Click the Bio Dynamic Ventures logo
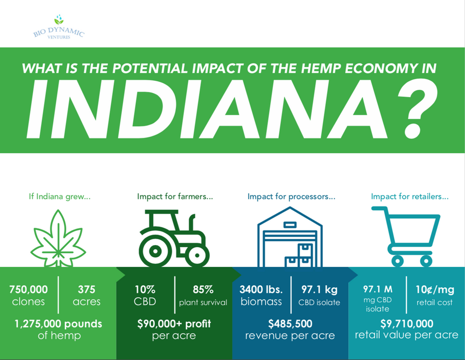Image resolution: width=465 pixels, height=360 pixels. coord(59,27)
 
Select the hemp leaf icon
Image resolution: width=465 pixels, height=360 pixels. coord(58,237)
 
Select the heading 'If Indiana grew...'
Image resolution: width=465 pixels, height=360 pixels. coord(59,196)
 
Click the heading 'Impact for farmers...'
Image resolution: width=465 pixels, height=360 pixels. coord(175,196)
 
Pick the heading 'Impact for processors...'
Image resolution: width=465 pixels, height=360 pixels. coord(292,196)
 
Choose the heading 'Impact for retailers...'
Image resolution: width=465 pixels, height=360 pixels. coord(410,196)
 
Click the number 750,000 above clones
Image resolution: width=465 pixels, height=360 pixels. coord(29,290)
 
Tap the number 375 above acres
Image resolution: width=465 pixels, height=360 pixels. coord(87,290)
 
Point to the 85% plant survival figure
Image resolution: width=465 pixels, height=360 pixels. coord(203,295)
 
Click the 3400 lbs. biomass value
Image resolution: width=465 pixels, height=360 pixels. coord(261,295)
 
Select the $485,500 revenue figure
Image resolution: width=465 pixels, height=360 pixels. coord(290,324)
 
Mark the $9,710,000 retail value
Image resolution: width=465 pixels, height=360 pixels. coord(407,324)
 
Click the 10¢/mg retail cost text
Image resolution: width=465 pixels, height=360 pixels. coord(435,295)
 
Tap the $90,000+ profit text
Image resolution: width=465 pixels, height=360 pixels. coord(174,324)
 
